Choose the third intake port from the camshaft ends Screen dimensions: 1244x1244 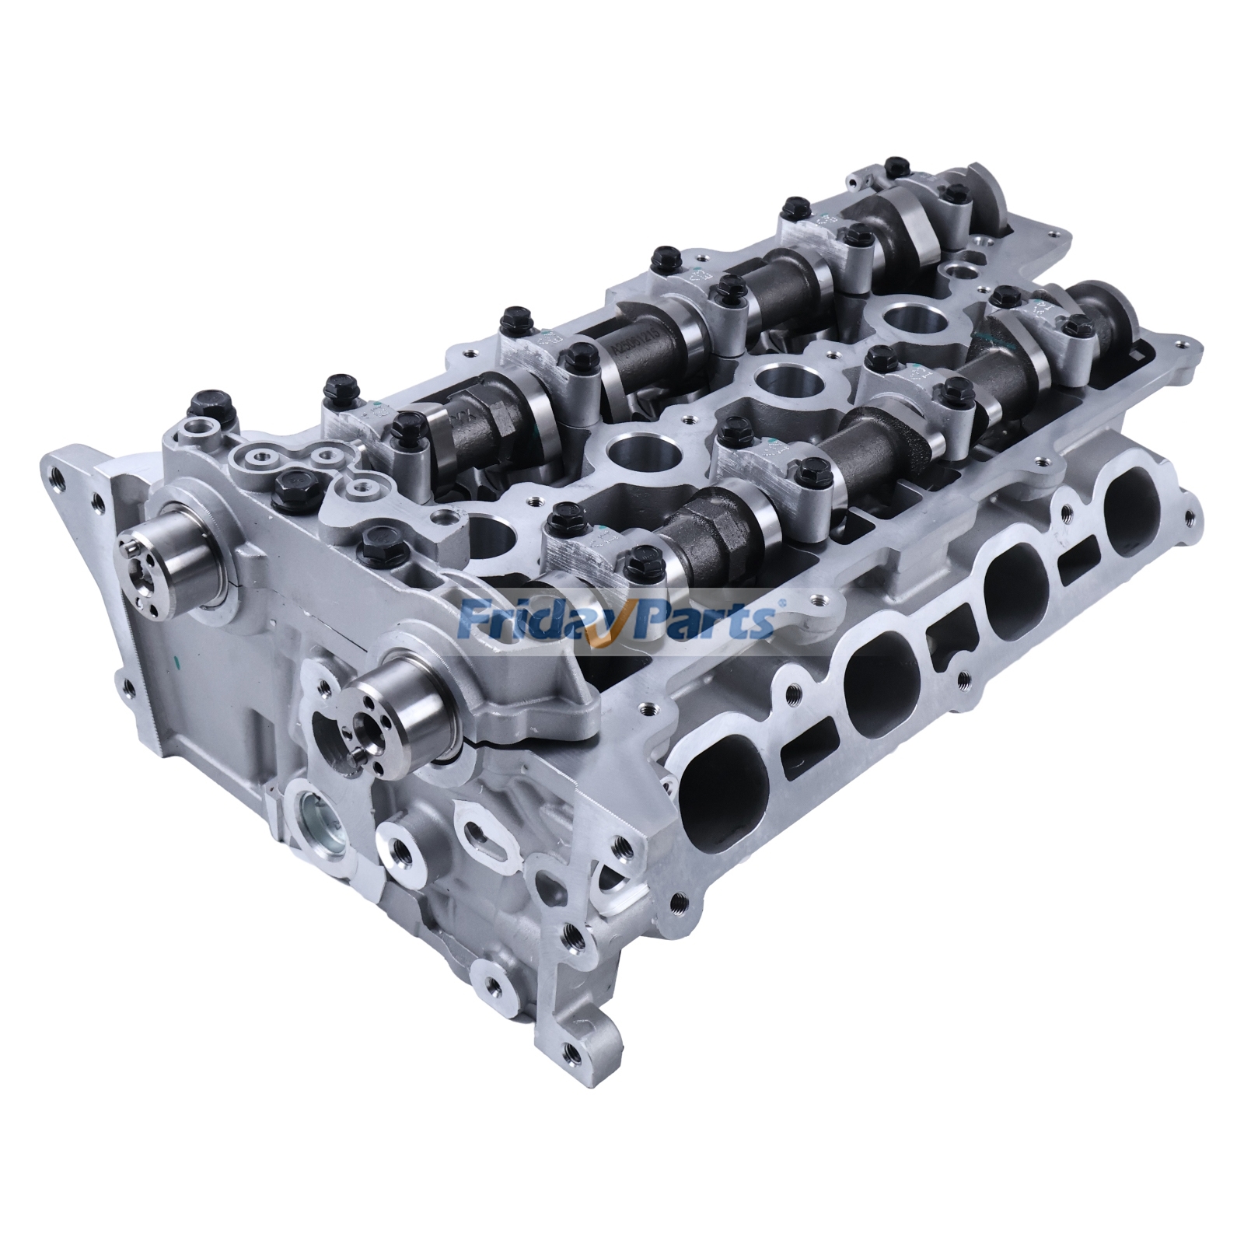pos(1019,591)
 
